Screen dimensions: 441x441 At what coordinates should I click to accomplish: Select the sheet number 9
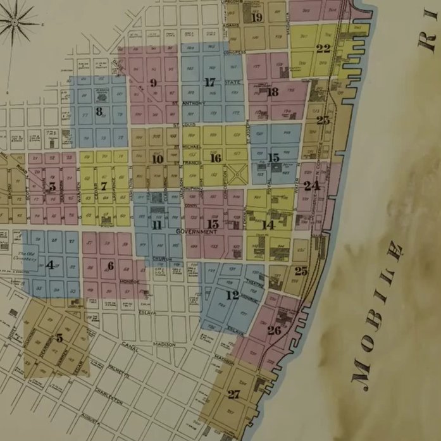153,82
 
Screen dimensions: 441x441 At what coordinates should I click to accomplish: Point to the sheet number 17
210,82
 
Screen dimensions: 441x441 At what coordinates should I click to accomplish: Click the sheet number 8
99,111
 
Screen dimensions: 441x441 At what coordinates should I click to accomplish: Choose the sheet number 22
323,48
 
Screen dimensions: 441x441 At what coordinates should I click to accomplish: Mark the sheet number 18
273,92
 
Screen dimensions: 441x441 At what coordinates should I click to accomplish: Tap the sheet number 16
216,158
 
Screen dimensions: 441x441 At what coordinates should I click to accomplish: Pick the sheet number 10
158,159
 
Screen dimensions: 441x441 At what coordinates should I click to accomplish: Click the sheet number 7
103,186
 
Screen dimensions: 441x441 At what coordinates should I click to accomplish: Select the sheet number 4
50,265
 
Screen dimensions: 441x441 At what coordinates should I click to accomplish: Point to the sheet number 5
59,338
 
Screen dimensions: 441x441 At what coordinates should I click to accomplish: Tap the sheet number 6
111,266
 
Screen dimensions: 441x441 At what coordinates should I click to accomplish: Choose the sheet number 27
234,394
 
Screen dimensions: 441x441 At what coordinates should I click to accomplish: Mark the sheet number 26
274,330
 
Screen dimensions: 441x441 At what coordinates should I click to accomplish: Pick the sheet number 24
311,185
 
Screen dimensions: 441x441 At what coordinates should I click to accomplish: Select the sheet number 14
268,225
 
